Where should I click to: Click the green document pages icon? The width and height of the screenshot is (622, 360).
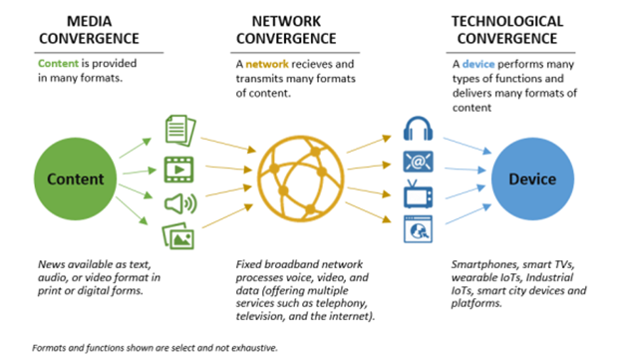point(176,128)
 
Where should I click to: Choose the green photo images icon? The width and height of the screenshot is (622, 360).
point(176,236)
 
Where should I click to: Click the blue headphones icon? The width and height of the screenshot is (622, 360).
point(417,129)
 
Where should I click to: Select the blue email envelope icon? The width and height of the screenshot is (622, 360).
point(417,162)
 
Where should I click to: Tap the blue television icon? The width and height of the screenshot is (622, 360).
point(417,195)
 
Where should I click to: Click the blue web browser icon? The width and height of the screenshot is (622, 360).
point(417,229)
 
